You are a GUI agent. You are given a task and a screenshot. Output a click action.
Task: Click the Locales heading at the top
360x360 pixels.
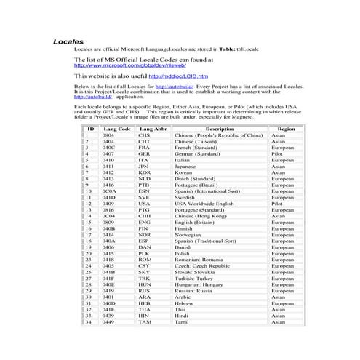(69, 42)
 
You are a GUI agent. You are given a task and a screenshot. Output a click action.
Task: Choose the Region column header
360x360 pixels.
(286, 128)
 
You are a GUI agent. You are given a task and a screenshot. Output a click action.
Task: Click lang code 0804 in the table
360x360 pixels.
(108, 135)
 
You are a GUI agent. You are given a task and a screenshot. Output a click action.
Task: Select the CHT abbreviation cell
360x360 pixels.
(144, 141)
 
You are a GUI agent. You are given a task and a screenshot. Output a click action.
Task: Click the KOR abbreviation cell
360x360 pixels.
(145, 172)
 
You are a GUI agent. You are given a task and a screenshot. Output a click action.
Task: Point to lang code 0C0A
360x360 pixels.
(109, 191)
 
